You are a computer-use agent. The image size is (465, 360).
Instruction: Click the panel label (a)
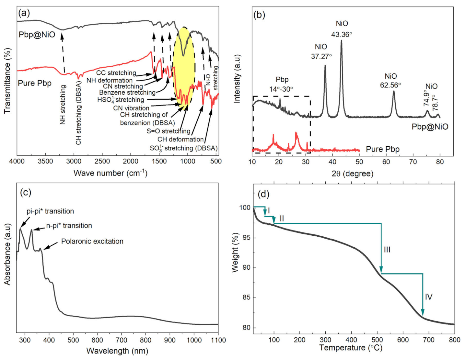click(x=24, y=13)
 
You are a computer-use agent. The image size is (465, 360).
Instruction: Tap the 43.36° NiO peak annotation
click(x=342, y=29)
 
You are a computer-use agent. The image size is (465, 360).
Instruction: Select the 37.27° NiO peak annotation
click(x=321, y=52)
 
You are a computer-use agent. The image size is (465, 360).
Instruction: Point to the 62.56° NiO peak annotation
click(x=390, y=81)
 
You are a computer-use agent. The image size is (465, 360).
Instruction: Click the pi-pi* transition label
click(x=50, y=211)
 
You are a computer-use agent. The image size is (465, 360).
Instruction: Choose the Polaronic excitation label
click(x=92, y=242)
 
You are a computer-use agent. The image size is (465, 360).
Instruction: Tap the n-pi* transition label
click(x=69, y=226)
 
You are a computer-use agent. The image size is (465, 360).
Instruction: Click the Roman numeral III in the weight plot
click(x=387, y=250)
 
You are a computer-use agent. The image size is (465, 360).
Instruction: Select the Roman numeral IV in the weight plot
click(x=428, y=297)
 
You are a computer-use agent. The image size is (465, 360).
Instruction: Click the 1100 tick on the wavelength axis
click(x=218, y=340)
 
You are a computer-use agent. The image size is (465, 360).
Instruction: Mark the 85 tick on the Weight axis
click(x=247, y=298)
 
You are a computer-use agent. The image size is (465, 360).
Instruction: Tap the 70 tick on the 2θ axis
click(x=413, y=162)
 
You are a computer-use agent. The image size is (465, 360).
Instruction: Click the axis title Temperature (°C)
click(x=351, y=348)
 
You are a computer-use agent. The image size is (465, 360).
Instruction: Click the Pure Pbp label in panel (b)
click(x=383, y=149)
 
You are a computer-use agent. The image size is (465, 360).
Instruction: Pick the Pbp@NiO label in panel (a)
click(x=37, y=35)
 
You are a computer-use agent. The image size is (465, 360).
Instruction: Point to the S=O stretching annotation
click(x=169, y=131)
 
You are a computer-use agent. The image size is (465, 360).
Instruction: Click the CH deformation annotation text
click(x=180, y=140)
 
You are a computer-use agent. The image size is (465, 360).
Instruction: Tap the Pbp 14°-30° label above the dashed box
click(x=281, y=84)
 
